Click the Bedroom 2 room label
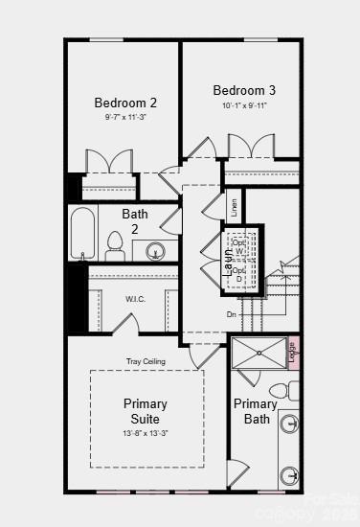(125, 103)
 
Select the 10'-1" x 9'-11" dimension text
(243, 105)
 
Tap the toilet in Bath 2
(115, 246)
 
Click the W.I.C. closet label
(135, 299)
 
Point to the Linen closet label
(233, 206)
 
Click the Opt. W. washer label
(239, 247)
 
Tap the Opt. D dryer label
(239, 274)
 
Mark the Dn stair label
(231, 314)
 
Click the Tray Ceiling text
(146, 361)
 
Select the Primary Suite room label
(146, 411)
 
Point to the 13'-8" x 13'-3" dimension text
(146, 433)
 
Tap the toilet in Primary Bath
(281, 391)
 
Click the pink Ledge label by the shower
(293, 352)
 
